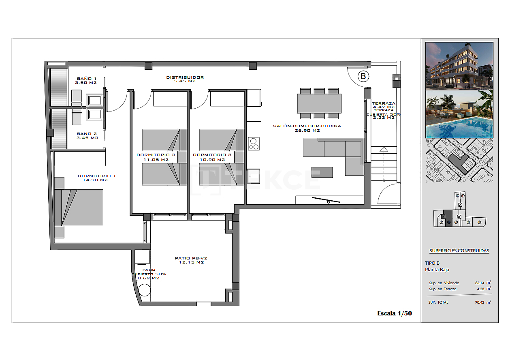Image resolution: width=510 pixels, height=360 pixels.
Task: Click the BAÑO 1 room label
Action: point(87,78)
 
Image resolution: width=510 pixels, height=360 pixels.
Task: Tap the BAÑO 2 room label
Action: point(87,133)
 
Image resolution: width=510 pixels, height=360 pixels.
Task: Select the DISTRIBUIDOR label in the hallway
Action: point(185,77)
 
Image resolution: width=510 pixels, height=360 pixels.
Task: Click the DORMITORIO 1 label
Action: point(96,176)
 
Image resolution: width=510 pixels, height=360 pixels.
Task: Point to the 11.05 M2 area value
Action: point(156,160)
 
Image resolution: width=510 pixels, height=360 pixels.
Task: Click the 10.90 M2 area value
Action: point(212,160)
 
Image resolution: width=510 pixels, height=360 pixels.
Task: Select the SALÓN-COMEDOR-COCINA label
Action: point(307,126)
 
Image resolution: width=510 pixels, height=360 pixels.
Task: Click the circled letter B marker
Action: point(363,76)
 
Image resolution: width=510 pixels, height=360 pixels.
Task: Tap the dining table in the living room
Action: point(319,103)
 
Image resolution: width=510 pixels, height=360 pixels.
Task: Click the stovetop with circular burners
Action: point(254,144)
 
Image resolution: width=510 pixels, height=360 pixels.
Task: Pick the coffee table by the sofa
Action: point(322,172)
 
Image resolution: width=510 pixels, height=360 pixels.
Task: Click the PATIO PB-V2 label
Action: point(191,258)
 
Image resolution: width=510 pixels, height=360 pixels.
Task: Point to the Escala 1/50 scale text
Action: point(394,313)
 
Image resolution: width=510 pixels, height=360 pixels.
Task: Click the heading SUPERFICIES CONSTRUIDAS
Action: point(459,251)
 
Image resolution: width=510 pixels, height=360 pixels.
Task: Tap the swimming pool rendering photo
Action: point(459,114)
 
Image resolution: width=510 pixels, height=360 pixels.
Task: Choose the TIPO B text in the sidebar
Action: point(432,263)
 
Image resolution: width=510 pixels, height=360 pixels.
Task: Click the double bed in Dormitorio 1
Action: point(81,207)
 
